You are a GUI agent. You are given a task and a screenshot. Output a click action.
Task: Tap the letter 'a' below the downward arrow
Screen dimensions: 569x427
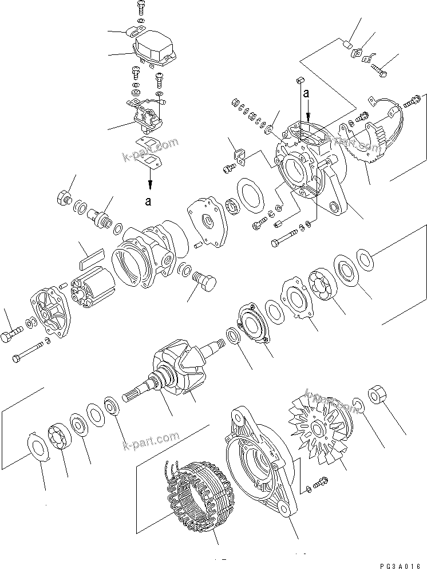point(149,201)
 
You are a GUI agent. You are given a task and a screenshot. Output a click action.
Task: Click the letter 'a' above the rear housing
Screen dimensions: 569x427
point(306,92)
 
